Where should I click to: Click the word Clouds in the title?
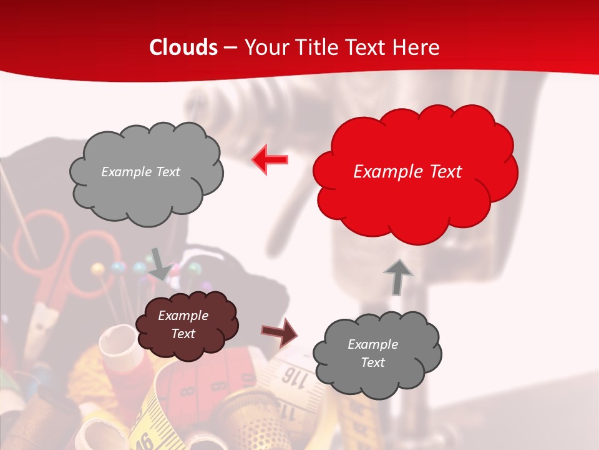[183, 47]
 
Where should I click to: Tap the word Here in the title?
[418, 47]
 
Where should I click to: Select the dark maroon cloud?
[186, 325]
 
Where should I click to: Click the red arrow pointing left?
[270, 160]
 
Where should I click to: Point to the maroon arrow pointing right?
[279, 332]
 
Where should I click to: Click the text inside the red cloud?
[407, 172]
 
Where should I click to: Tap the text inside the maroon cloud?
[183, 324]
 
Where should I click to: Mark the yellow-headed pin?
[97, 269]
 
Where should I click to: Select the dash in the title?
[230, 47]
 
